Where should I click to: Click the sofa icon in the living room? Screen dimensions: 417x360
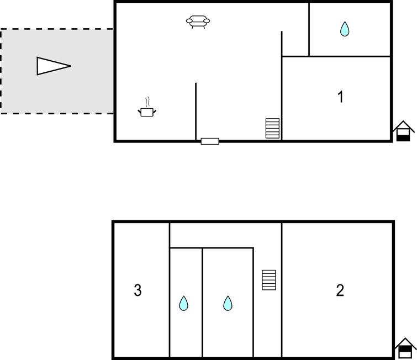coord(198,22)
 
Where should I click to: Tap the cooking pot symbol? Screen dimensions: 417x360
coord(147,112)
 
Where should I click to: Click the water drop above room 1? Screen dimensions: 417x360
coord(345,29)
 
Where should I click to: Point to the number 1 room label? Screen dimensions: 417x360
coord(340,97)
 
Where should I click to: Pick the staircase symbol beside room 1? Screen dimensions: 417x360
coord(273,128)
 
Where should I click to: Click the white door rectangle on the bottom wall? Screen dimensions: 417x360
coord(210,141)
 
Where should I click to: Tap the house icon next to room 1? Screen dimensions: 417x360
coord(403,131)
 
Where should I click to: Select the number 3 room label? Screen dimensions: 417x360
coord(138,290)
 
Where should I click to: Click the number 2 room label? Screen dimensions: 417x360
coord(340,290)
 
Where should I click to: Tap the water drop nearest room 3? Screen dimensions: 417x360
coord(183,303)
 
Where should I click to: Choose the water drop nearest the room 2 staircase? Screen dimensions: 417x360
coord(228,303)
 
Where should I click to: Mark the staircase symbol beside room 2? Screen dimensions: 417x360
coord(269,280)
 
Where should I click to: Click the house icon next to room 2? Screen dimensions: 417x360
coord(405,348)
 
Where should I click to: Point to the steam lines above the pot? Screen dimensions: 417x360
coord(147,102)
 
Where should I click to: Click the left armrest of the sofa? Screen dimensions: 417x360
coord(189,21)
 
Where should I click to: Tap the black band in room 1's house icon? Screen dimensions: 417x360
coord(403,138)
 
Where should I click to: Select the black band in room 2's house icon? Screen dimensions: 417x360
coord(405,349)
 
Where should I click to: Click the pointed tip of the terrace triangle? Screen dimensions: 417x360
coord(71,66)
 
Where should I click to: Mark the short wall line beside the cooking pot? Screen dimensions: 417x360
coord(196,112)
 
